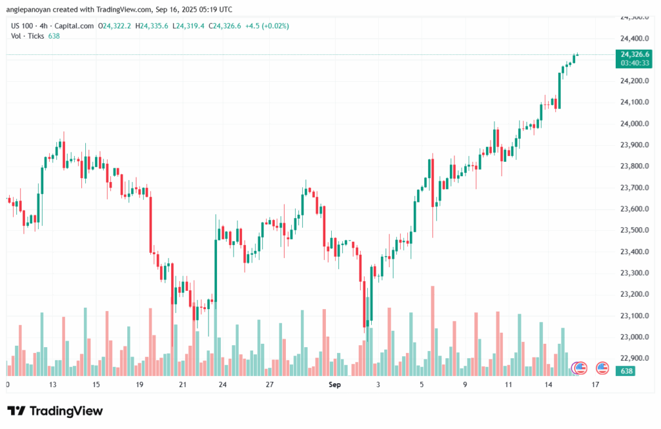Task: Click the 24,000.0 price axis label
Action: click(634, 123)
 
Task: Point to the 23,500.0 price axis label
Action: click(634, 230)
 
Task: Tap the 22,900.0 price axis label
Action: click(634, 358)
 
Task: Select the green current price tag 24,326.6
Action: click(634, 54)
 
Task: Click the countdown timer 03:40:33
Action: click(634, 63)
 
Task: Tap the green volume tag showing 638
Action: click(626, 371)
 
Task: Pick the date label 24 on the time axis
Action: click(222, 384)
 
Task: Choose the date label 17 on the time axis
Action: click(595, 384)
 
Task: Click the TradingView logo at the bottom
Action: click(55, 411)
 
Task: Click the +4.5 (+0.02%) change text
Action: click(267, 26)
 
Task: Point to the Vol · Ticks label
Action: click(28, 35)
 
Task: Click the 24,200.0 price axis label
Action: click(634, 81)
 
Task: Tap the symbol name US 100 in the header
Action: click(23, 26)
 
